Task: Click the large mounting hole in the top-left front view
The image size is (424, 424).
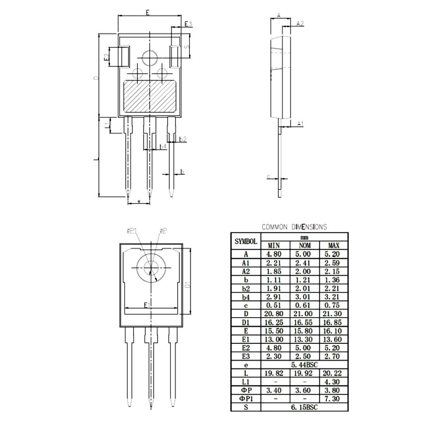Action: click(149, 58)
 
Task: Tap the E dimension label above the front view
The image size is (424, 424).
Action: click(147, 13)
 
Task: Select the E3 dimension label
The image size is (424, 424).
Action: click(188, 24)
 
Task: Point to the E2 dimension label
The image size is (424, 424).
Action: click(107, 56)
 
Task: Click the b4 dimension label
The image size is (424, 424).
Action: click(163, 147)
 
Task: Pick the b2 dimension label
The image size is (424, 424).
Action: click(183, 139)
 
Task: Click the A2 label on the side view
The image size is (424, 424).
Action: click(300, 23)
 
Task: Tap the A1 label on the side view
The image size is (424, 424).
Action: click(300, 123)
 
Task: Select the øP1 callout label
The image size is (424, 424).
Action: click(131, 230)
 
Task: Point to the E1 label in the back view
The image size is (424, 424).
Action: click(147, 305)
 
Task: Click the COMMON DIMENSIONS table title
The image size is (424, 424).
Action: click(294, 227)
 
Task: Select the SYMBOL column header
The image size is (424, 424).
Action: click(245, 241)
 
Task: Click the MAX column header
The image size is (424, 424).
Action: click(334, 245)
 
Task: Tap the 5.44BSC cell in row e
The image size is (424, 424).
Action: click(304, 365)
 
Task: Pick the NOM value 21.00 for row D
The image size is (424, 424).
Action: click(304, 313)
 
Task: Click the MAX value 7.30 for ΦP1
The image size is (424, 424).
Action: click(334, 399)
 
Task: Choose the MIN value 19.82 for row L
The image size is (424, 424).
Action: click(275, 373)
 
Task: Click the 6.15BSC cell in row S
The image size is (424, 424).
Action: click(304, 407)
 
